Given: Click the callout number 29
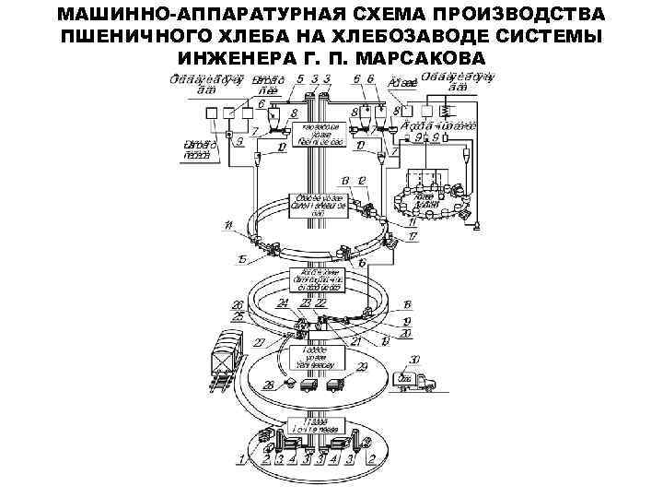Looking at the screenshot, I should pyautogui.click(x=362, y=367).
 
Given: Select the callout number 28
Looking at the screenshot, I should pyautogui.click(x=269, y=384).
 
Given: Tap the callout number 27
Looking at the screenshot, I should pyautogui.click(x=259, y=342).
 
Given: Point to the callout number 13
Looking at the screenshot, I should pyautogui.click(x=344, y=179).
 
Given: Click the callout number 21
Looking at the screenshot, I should pyautogui.click(x=355, y=340).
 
